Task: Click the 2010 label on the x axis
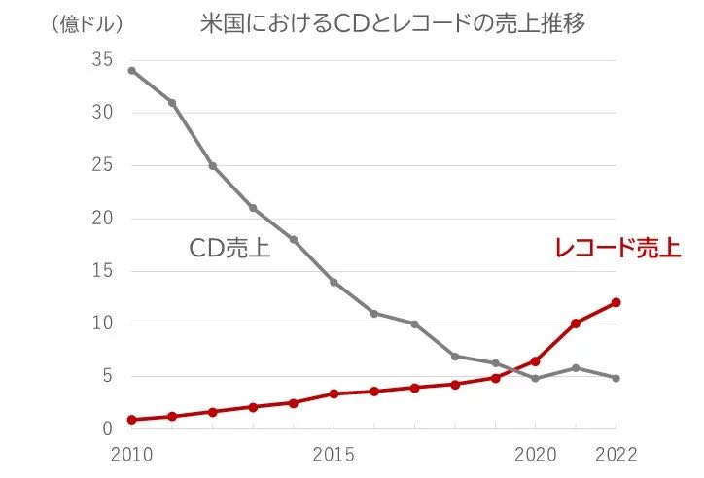coord(130,454)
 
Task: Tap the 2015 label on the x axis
coord(334,454)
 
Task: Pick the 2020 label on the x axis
coord(534,454)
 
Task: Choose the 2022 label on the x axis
coord(616,454)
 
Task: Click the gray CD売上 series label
coord(229,249)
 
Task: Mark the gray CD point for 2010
coord(131,70)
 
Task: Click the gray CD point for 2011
coord(172,103)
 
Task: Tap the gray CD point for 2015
coord(334,282)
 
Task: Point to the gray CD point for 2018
coord(454,356)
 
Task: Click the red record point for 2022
coord(616,302)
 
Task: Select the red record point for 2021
coord(576,324)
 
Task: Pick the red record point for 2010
coord(131,420)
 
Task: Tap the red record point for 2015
coord(334,393)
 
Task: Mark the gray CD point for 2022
coord(616,378)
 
